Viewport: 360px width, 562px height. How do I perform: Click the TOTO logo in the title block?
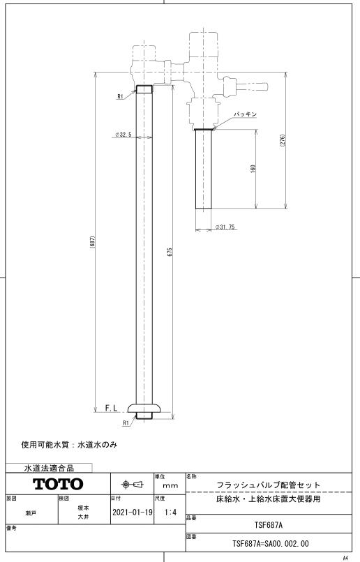coord(58,484)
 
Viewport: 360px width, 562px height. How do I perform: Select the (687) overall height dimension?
coord(92,242)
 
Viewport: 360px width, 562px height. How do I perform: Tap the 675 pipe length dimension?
coord(170,252)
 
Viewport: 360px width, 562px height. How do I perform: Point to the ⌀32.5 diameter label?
coord(123,135)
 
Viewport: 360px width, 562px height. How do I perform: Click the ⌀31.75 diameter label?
coord(225,227)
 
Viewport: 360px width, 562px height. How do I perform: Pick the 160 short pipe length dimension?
coord(253,169)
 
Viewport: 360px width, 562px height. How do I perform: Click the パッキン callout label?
coord(246,114)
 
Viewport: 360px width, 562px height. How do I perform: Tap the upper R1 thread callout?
coord(120,96)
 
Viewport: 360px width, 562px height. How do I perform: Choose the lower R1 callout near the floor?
coord(126,423)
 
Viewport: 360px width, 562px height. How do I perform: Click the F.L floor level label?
coord(111,408)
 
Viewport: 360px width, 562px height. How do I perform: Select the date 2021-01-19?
coord(133,512)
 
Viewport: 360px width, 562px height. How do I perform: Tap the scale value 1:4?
coord(170,512)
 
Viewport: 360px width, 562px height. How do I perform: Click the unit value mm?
coord(170,486)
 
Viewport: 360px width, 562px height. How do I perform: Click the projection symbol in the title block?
coord(132,485)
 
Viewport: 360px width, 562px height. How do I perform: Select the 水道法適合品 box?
coord(49,468)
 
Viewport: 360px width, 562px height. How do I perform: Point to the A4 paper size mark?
coord(345,558)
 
